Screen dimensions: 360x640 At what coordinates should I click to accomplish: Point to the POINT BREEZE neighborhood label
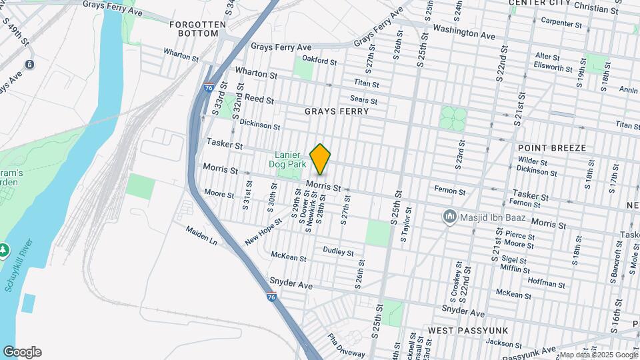[x=551, y=147]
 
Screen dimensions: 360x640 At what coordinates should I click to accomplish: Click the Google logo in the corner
[x=22, y=352]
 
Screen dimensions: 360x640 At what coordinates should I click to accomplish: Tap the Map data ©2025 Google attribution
[x=598, y=355]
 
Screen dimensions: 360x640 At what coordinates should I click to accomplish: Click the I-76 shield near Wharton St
[x=209, y=87]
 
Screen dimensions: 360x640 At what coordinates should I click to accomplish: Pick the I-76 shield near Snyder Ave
[x=271, y=297]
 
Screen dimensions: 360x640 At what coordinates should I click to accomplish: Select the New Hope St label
[x=259, y=235]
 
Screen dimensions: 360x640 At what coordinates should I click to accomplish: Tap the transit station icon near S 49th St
[x=29, y=64]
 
